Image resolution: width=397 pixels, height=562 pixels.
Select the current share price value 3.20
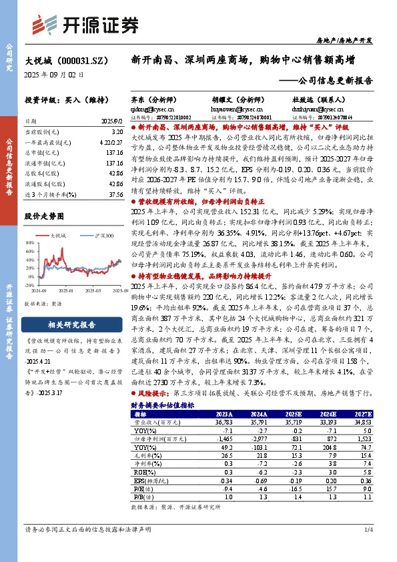[x=116, y=133]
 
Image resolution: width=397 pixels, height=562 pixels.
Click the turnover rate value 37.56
[x=116, y=194]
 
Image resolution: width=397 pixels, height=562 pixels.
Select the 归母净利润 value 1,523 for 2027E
[x=356, y=440]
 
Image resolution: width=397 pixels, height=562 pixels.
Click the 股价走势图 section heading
[x=45, y=216]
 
